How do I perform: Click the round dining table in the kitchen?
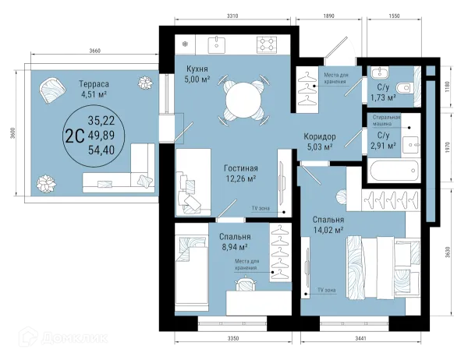[x=243, y=101]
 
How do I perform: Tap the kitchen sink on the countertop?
[x=216, y=44]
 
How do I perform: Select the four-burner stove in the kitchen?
[x=267, y=44]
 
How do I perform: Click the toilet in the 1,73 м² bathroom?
[x=403, y=88]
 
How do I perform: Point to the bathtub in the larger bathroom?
[x=394, y=171]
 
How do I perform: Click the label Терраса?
[x=94, y=84]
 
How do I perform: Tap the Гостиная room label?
[x=241, y=168]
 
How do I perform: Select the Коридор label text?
[x=320, y=137]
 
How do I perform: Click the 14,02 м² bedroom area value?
[x=328, y=230]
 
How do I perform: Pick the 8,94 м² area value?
[x=235, y=247]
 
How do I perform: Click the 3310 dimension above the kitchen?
[x=232, y=16]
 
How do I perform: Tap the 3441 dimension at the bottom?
[x=360, y=338]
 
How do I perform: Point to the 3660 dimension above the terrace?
[x=95, y=51]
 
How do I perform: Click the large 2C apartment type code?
[x=74, y=136]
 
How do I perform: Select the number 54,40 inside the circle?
[x=101, y=150]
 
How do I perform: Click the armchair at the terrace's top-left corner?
[x=52, y=90]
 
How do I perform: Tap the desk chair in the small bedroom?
[x=246, y=284]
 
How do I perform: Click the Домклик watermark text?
[x=75, y=338]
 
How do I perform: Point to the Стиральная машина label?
[x=386, y=120]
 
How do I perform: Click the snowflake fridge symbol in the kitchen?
[x=186, y=44]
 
